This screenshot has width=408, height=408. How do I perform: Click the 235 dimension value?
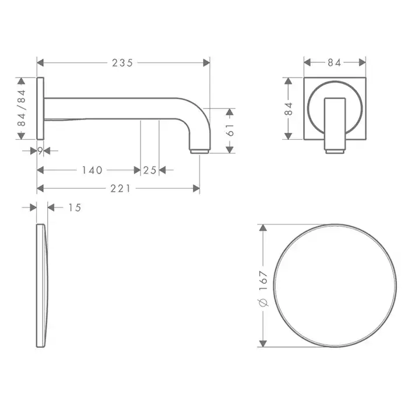122,63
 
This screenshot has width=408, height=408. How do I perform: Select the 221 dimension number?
121,189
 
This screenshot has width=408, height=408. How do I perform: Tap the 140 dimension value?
92,170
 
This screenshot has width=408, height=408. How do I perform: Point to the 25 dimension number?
150,170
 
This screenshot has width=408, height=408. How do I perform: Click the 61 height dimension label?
230,130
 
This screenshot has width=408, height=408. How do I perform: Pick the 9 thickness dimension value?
40,150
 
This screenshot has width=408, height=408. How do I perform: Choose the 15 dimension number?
75,207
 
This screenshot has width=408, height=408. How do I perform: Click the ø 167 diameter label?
263,289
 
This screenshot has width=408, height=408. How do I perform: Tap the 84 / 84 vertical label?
22,108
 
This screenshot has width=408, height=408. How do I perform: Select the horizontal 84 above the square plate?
334,63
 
